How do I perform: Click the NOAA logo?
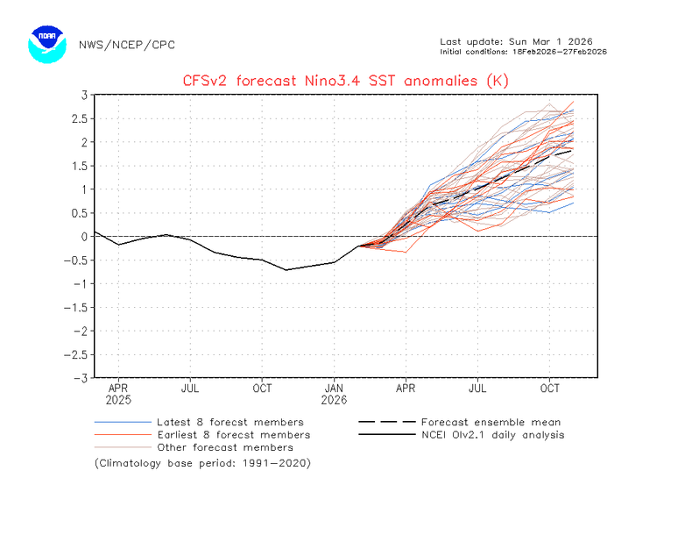point(47,44)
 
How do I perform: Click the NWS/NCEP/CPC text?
point(127,45)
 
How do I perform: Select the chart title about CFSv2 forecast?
point(345,81)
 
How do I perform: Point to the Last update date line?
point(516,41)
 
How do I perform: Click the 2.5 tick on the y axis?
point(80,118)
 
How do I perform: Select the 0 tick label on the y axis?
point(84,237)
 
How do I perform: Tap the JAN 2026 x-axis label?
point(334,394)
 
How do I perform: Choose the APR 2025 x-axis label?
point(118,394)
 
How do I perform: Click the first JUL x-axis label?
point(190,389)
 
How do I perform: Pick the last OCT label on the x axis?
point(549,389)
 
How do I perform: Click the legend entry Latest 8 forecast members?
point(199,423)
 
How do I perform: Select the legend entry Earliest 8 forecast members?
point(202,435)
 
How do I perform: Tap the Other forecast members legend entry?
point(194,447)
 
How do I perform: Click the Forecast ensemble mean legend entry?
point(459,423)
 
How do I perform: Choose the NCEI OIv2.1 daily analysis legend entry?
point(461,435)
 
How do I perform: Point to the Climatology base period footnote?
point(202,463)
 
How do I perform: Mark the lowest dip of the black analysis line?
point(286,270)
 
